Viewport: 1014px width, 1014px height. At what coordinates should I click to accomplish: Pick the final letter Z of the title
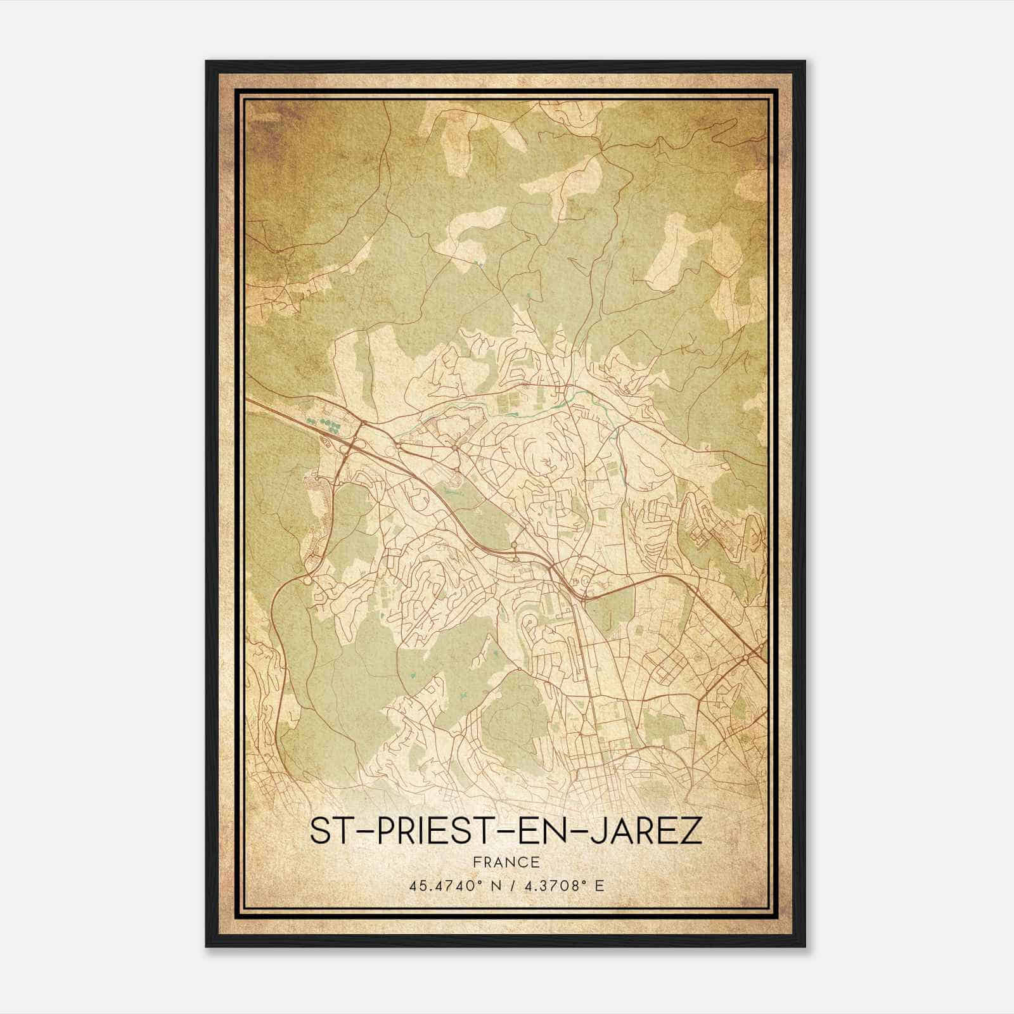pos(692,831)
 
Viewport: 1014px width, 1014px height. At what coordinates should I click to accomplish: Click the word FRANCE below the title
pos(506,863)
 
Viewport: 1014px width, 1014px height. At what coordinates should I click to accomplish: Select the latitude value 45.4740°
pos(441,886)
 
